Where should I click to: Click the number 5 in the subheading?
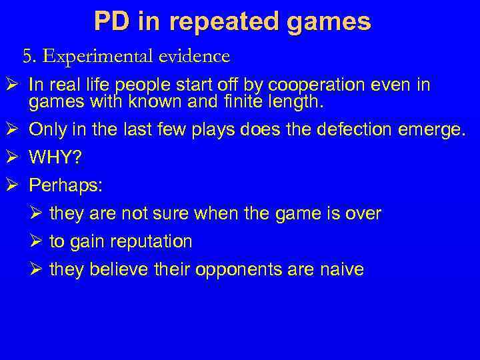click(27, 57)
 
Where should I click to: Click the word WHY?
click(57, 157)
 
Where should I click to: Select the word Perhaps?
click(65, 185)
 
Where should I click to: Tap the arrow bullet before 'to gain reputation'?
click(37, 241)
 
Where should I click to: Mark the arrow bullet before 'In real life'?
click(13, 85)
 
